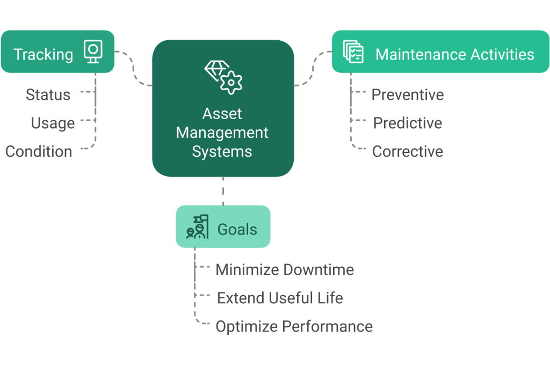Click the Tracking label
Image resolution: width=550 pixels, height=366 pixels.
tap(43, 54)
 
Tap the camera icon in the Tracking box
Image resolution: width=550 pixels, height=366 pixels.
tap(92, 52)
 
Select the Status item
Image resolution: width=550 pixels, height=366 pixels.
tap(48, 95)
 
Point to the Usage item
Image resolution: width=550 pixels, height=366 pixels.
tap(53, 123)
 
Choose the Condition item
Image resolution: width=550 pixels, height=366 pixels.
tap(39, 151)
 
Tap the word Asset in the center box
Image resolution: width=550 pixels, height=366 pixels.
tap(222, 114)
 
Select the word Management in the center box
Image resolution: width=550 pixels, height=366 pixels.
tap(222, 133)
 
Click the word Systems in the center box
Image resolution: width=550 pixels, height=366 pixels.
tap(222, 151)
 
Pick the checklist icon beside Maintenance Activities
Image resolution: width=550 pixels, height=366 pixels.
tap(353, 52)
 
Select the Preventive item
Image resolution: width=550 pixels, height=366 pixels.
tap(408, 95)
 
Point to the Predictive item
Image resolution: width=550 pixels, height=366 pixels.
tap(408, 123)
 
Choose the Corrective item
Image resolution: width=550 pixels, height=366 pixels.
tap(408, 151)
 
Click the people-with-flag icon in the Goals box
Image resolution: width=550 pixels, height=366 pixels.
tap(197, 226)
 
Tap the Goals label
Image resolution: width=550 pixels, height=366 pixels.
tap(237, 229)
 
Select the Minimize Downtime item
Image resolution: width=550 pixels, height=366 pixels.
tap(285, 269)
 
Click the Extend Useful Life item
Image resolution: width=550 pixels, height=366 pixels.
tap(280, 298)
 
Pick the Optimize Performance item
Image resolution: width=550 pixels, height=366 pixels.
tap(294, 326)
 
